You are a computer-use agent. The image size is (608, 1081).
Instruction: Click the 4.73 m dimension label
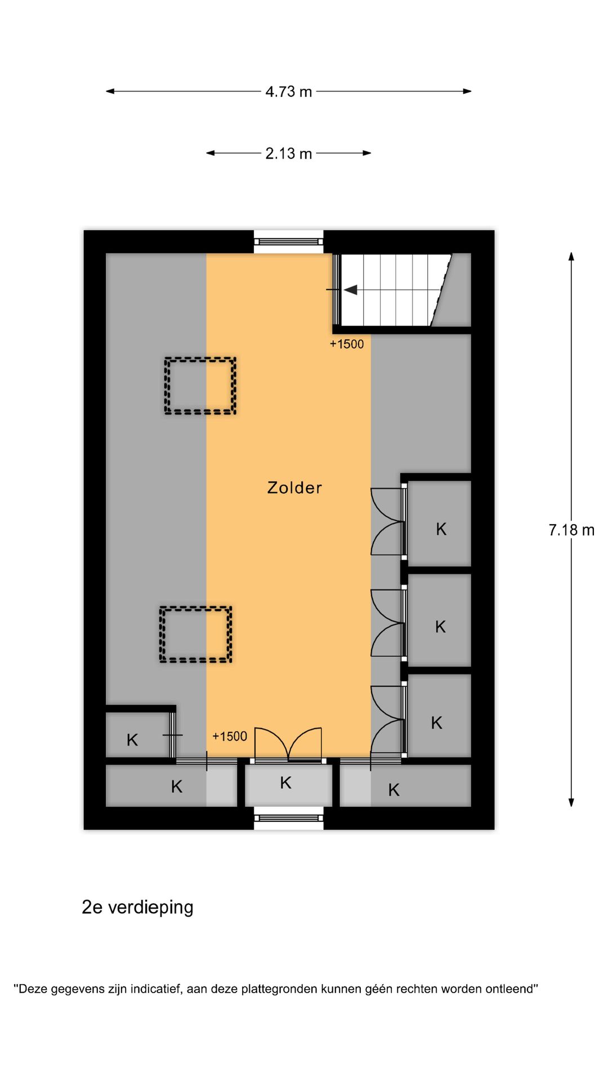coord(288,91)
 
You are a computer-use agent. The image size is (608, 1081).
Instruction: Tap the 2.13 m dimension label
coord(288,153)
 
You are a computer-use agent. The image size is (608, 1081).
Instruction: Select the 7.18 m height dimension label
coord(571,530)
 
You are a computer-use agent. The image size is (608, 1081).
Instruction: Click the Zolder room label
coord(294,488)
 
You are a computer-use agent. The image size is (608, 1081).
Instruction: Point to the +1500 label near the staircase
coord(347,344)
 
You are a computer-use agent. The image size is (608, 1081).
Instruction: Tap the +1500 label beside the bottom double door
coord(230,736)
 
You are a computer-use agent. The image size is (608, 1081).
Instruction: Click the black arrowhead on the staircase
coord(351,290)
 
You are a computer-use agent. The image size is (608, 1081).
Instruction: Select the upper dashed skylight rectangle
coord(200,386)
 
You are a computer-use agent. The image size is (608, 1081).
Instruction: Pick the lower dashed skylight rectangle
coord(195,634)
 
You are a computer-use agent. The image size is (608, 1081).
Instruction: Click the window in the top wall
coord(288,242)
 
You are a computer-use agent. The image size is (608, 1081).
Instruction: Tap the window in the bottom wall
coord(288,818)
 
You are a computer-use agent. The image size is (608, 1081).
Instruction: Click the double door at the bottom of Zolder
coord(288,745)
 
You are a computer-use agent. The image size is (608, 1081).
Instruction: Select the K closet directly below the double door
coord(286,783)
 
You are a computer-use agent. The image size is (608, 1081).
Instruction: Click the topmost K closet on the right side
coord(441,529)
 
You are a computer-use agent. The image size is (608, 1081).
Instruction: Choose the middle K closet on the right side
coord(440,627)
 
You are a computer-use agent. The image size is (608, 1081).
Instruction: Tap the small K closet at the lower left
coord(132,740)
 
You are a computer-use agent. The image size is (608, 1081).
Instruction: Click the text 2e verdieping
coord(137,907)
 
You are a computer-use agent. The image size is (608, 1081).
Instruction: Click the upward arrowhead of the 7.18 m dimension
coord(571,257)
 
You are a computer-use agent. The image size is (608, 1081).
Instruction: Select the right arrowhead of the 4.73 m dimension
coord(467,91)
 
